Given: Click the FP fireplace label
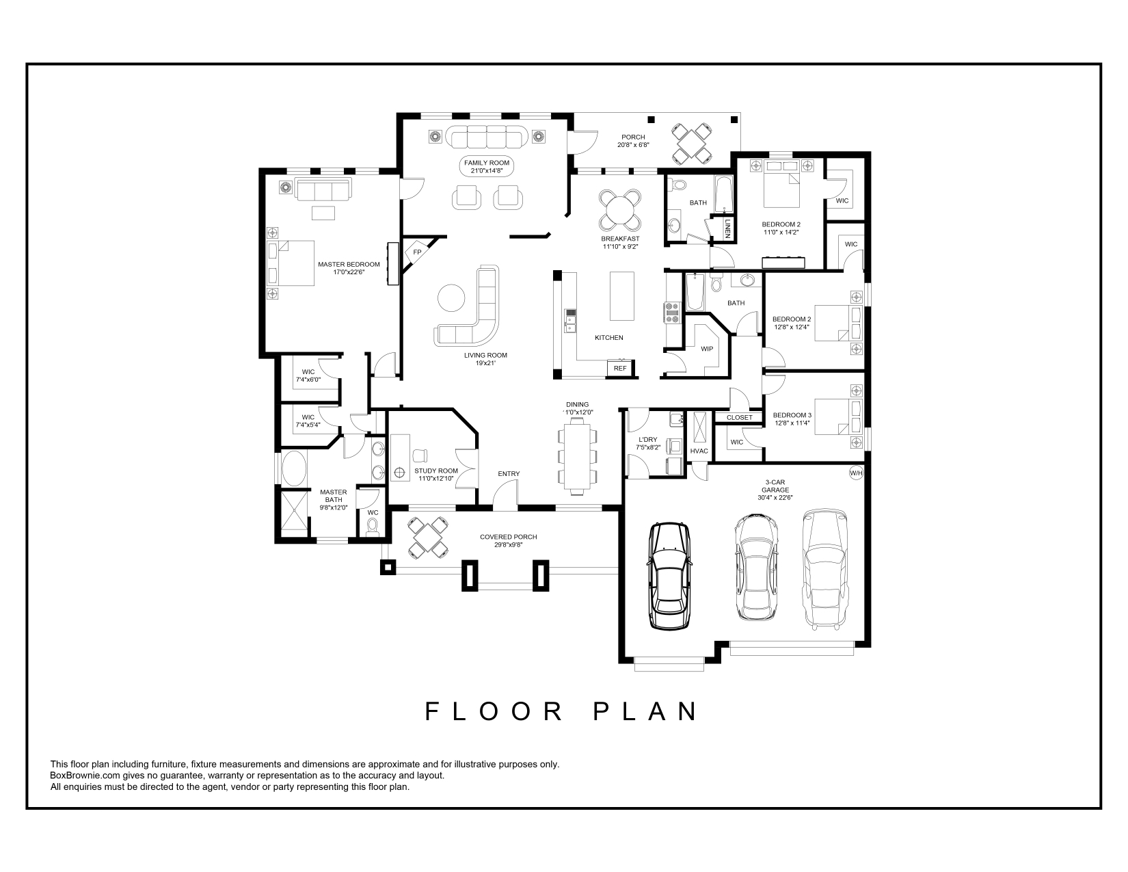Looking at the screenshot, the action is (417, 252).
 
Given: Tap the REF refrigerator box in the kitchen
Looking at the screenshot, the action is (620, 368).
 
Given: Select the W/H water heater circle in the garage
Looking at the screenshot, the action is (856, 473).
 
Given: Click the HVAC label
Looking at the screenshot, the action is (699, 451).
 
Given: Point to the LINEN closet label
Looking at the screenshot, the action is (728, 228).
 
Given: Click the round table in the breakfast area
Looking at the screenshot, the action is (620, 210).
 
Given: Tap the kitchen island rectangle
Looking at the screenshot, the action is (622, 295).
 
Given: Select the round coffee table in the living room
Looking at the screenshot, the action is (452, 298).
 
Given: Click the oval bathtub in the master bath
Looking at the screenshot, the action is (294, 468).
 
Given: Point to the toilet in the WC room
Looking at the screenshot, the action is (372, 528).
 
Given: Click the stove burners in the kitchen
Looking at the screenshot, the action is (671, 313).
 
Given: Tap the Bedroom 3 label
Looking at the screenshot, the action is (792, 415).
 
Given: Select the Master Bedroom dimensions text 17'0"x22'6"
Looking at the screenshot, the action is (349, 272).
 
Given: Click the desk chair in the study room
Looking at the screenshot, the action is (420, 455).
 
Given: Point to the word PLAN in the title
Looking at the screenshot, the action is (646, 711).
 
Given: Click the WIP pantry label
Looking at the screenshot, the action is (707, 349).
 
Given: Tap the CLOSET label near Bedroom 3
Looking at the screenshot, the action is (739, 418).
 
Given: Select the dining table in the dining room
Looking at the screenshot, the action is (577, 456).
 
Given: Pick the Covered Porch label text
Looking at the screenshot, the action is (508, 537).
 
